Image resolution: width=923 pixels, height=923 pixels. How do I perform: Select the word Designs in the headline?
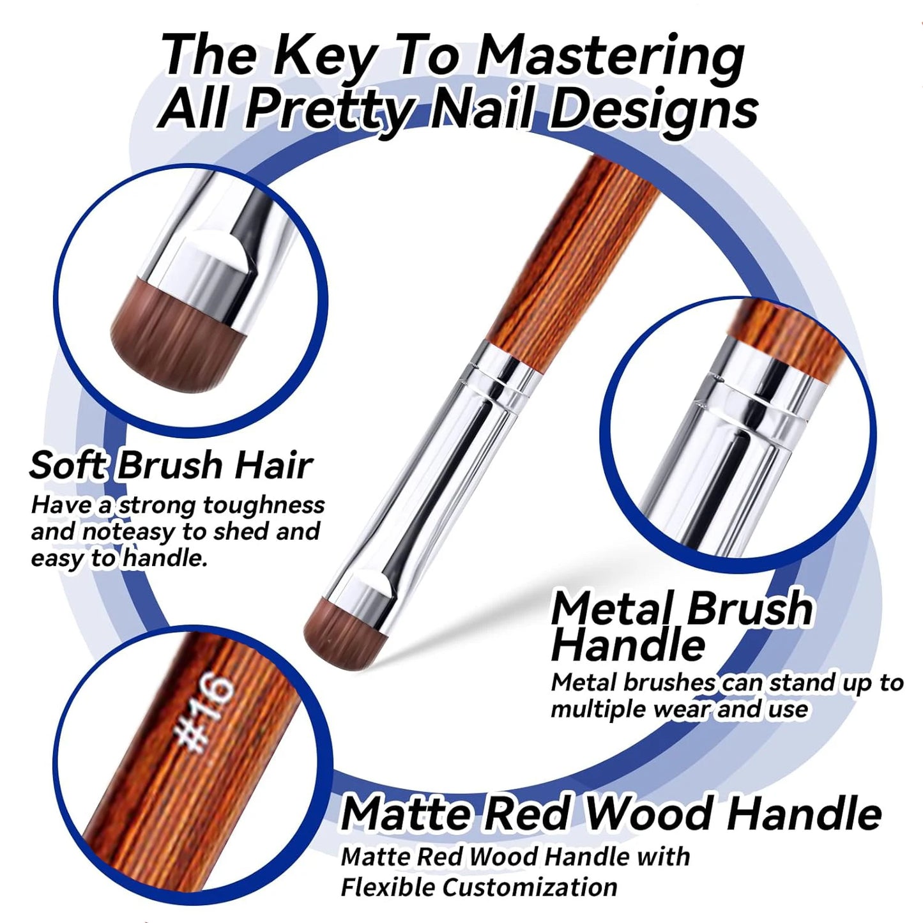[x=653, y=109]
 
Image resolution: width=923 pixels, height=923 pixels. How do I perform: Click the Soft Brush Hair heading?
[x=171, y=465]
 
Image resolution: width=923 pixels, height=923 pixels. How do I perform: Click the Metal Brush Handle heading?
[x=681, y=625]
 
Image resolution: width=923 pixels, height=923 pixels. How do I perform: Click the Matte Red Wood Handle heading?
[x=611, y=814]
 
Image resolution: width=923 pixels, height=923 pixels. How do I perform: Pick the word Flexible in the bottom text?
[x=387, y=887]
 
